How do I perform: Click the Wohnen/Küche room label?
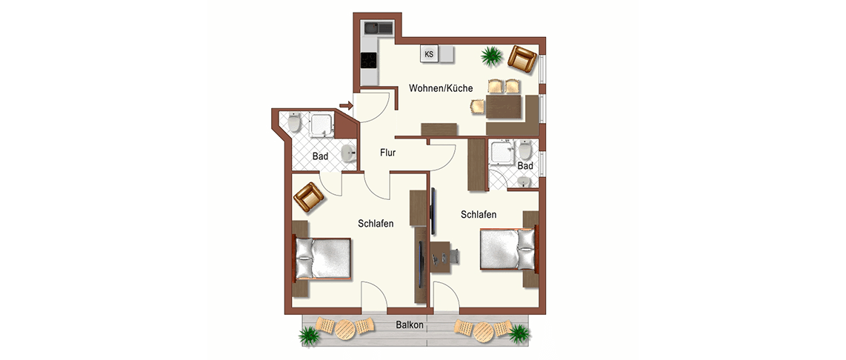coord(441,88)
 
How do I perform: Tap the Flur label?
coord(388,153)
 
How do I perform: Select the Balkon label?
coord(409,325)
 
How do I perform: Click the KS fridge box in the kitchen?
coord(429,54)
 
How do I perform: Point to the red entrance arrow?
coord(345,105)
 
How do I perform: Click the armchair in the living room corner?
coord(522,59)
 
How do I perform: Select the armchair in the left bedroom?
coord(309,198)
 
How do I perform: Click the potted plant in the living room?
coord(491,56)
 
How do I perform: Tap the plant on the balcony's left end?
coord(309,335)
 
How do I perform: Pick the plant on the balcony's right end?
coord(519,333)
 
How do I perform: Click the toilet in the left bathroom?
coord(293,124)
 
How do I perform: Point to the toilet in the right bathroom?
coord(525,150)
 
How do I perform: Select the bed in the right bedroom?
coord(509,250)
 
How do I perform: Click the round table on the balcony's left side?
coord(344,329)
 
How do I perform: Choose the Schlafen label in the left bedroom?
coord(375,223)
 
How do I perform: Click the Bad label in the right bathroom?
coord(525,166)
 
